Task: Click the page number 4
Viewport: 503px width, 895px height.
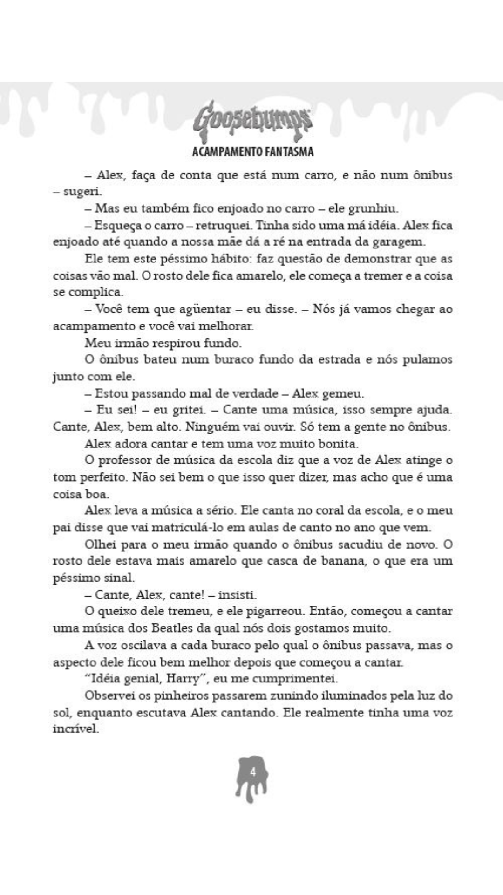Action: [252, 772]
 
